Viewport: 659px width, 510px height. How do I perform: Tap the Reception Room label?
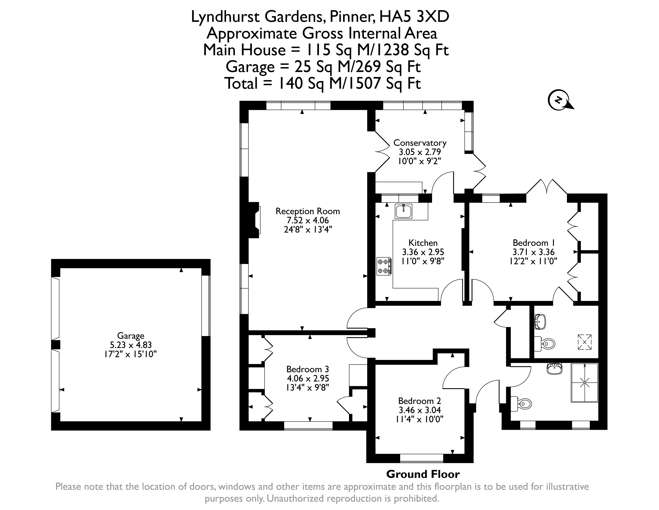click(x=308, y=211)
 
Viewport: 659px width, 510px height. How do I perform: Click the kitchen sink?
click(x=403, y=211)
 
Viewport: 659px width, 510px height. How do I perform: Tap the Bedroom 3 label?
click(x=308, y=369)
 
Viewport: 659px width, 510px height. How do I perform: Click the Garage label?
click(x=131, y=336)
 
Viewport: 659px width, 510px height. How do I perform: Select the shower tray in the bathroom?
click(x=585, y=382)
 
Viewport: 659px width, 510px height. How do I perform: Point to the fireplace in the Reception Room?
click(x=254, y=220)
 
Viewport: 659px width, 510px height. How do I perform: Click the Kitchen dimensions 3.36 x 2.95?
click(x=423, y=252)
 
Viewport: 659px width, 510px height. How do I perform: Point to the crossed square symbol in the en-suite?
click(x=585, y=342)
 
